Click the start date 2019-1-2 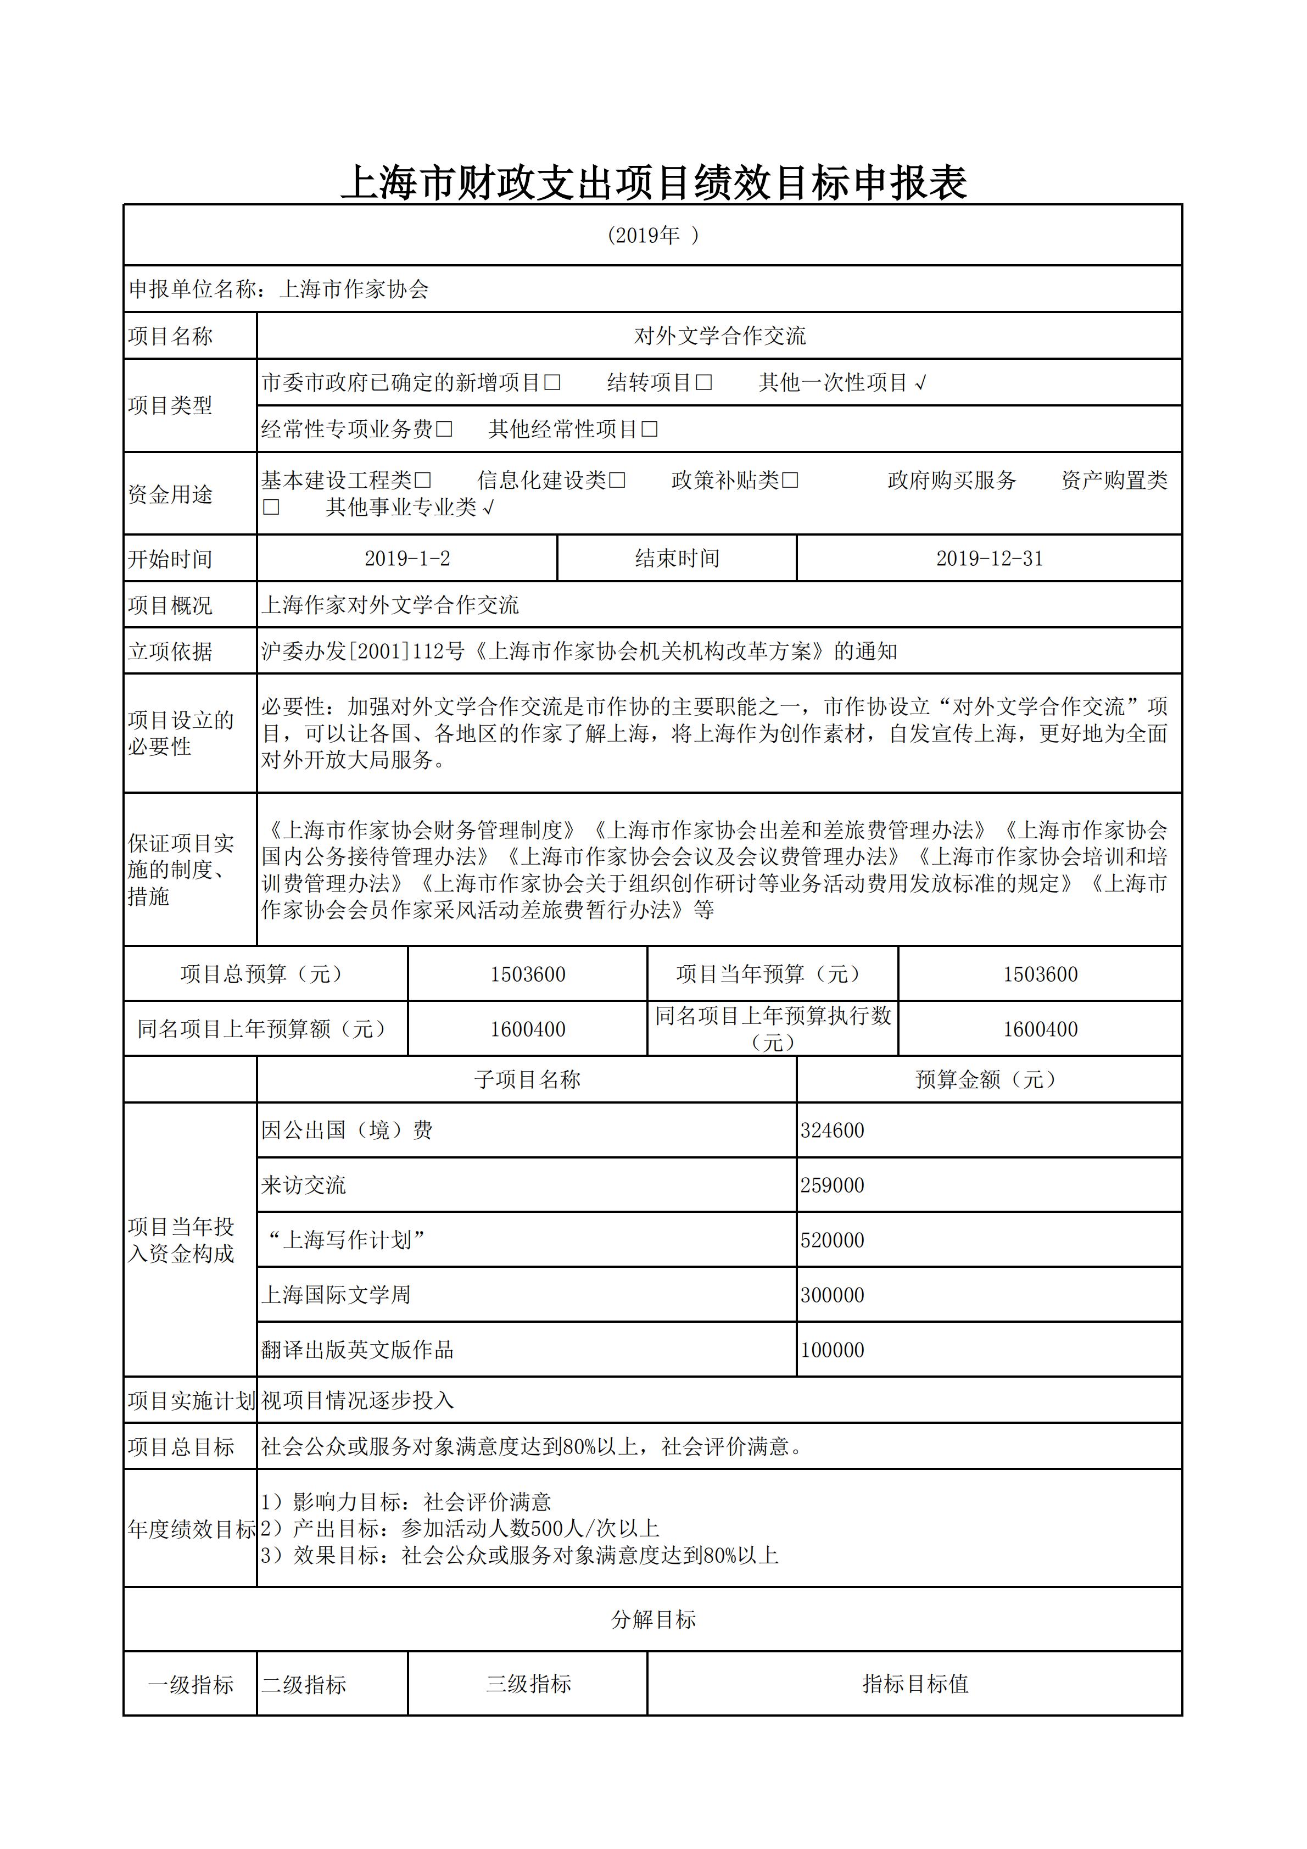click(x=407, y=559)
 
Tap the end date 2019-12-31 click(x=989, y=559)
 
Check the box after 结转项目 click(x=704, y=382)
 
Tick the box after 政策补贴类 click(x=790, y=481)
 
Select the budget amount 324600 click(x=832, y=1130)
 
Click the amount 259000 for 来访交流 click(x=832, y=1185)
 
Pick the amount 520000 click(x=832, y=1240)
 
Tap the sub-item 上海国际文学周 click(x=336, y=1295)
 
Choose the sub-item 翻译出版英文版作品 click(x=357, y=1350)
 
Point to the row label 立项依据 click(x=170, y=651)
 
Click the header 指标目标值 click(x=915, y=1683)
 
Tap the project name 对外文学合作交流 click(x=719, y=336)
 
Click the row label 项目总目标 click(x=180, y=1447)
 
